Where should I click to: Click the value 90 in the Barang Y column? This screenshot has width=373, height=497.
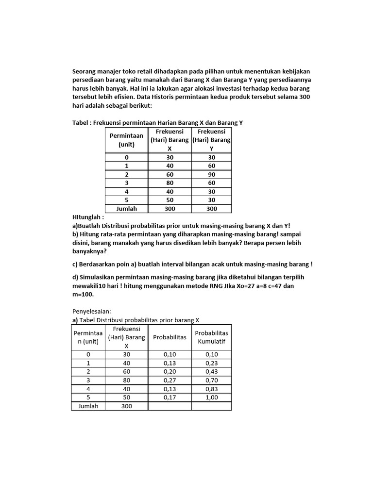click(211, 174)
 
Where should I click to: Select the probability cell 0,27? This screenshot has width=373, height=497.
click(170, 380)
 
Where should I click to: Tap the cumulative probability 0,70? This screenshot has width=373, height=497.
click(211, 380)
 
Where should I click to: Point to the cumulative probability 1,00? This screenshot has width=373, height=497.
click(211, 397)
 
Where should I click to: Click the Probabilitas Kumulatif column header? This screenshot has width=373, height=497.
click(211, 337)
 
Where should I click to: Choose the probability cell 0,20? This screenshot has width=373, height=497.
click(170, 371)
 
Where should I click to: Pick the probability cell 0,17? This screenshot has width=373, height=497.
click(170, 397)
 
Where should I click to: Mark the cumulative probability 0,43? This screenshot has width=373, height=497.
click(211, 371)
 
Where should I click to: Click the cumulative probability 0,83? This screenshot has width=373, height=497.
click(211, 388)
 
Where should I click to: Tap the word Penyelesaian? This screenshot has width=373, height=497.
click(91, 311)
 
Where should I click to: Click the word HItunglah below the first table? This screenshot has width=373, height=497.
click(88, 217)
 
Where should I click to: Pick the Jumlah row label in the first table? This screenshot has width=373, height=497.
click(126, 209)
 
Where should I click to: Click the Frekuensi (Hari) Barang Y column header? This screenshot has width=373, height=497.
click(211, 140)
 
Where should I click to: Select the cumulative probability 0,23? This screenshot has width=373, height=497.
click(211, 362)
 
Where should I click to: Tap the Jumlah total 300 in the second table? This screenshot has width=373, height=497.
click(127, 406)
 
